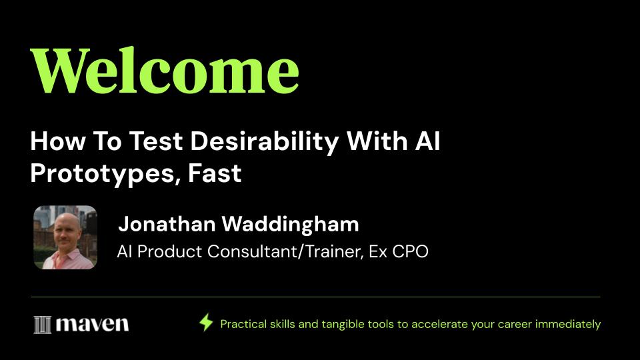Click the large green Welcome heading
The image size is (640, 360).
(x=165, y=71)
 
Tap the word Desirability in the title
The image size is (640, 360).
(x=265, y=142)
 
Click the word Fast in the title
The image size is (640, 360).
(x=215, y=173)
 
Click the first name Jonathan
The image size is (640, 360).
(x=167, y=224)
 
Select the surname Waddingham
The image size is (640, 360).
(x=290, y=224)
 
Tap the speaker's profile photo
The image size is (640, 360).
(x=65, y=237)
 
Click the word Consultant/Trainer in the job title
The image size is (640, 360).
(x=285, y=251)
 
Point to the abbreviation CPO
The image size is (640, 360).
(x=410, y=251)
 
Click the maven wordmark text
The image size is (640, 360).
(x=92, y=325)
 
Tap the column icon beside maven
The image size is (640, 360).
(x=43, y=325)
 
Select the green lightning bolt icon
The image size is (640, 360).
(x=206, y=323)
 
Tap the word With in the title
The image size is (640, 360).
(x=377, y=141)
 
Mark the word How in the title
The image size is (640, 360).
(x=58, y=141)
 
